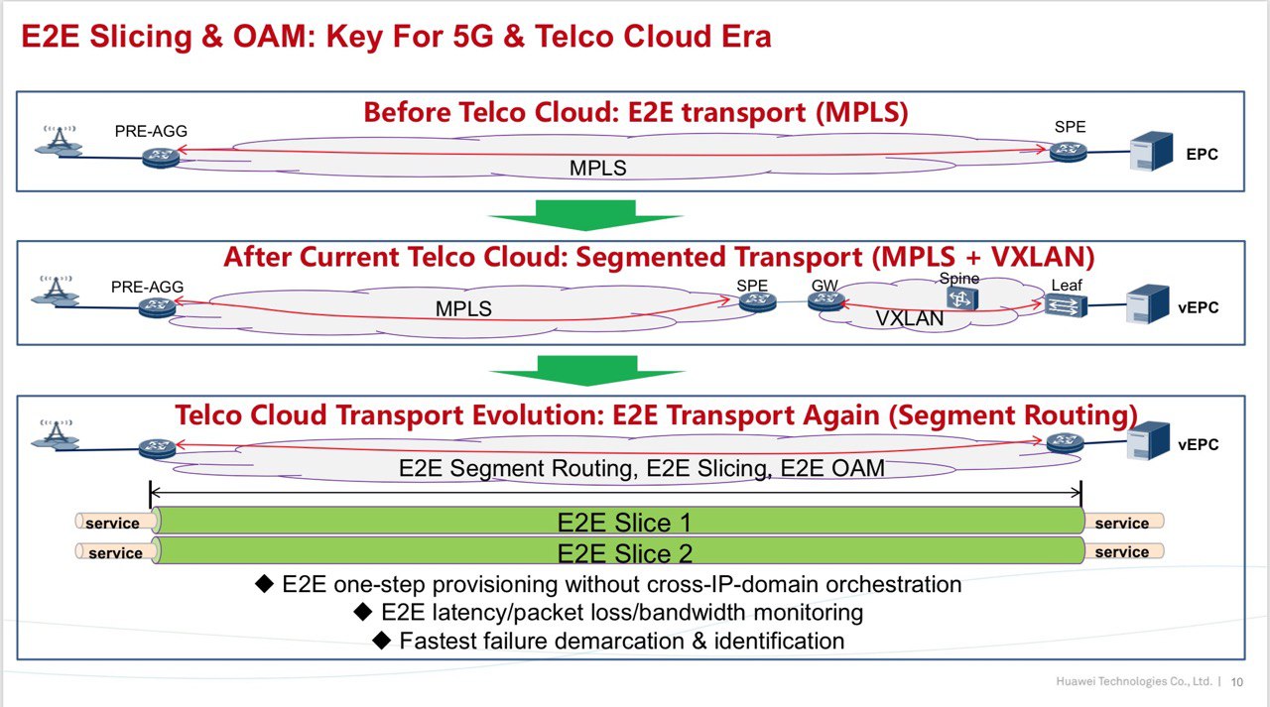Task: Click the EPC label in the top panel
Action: coord(1202,154)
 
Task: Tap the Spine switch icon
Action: coord(961,298)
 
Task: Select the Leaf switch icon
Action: coord(1066,307)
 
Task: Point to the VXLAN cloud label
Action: coord(910,318)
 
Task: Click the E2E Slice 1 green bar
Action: coord(620,521)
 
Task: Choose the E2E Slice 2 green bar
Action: coord(620,550)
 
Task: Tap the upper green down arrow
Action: coord(585,215)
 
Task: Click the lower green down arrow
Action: coord(586,371)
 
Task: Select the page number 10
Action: coord(1236,682)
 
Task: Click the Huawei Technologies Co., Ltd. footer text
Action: coord(1133,681)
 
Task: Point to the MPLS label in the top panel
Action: coord(597,169)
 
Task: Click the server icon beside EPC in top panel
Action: coord(1151,151)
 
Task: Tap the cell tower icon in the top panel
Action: coord(59,141)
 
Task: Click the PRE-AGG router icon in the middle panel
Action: coord(157,307)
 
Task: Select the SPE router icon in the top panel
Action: coord(1069,153)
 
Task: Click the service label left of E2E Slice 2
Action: coord(115,553)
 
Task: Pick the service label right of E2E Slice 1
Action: coord(1121,524)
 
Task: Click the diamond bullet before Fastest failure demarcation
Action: coord(382,641)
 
